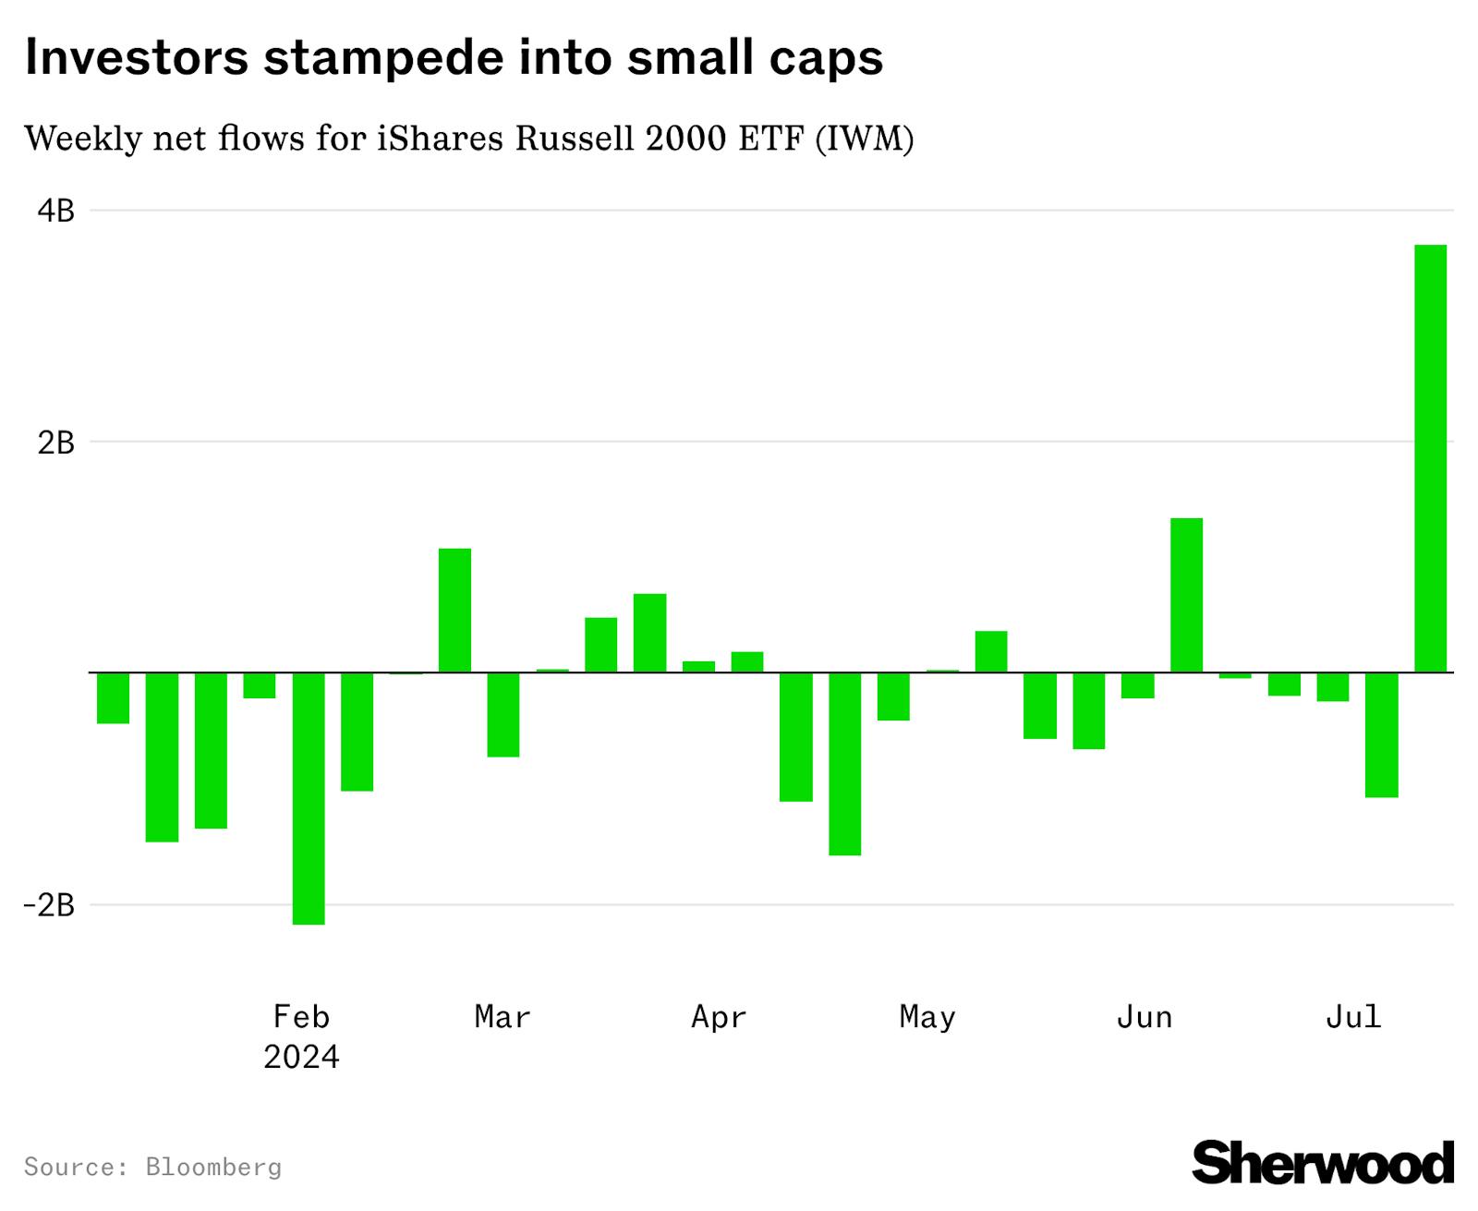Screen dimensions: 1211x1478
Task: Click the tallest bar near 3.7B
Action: [1430, 458]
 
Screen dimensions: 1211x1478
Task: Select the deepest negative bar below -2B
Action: [309, 798]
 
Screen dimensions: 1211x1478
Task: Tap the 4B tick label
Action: [55, 212]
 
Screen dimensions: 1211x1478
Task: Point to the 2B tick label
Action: [55, 443]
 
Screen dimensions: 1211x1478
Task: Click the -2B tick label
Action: [49, 905]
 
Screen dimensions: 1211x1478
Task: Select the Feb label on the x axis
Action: [301, 1017]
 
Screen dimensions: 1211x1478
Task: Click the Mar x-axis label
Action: [503, 1017]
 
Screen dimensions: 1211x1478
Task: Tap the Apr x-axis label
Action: [718, 1017]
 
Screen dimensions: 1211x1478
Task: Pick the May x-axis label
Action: [927, 1017]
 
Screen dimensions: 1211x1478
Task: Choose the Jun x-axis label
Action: [1144, 1017]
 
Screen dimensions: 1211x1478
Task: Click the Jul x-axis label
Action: [1353, 1017]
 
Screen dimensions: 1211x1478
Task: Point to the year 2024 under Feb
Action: [301, 1057]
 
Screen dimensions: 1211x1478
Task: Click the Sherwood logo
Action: [1323, 1163]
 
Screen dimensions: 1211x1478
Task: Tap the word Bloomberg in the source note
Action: [213, 1168]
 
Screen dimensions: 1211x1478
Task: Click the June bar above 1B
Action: [1186, 595]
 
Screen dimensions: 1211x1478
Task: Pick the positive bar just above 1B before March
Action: [454, 610]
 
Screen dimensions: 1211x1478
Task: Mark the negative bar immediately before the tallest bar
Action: [1381, 734]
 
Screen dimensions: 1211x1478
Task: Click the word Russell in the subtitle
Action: [575, 139]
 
